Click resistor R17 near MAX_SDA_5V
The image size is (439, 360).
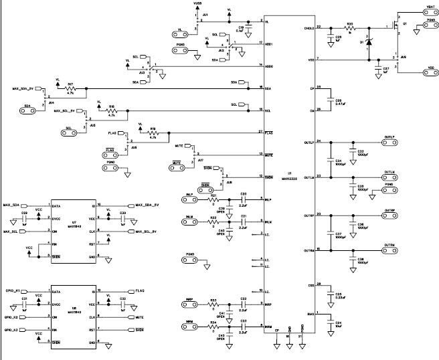click(x=70, y=88)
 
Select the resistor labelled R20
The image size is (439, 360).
click(x=349, y=27)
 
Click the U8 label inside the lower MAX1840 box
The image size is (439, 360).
click(x=74, y=306)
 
